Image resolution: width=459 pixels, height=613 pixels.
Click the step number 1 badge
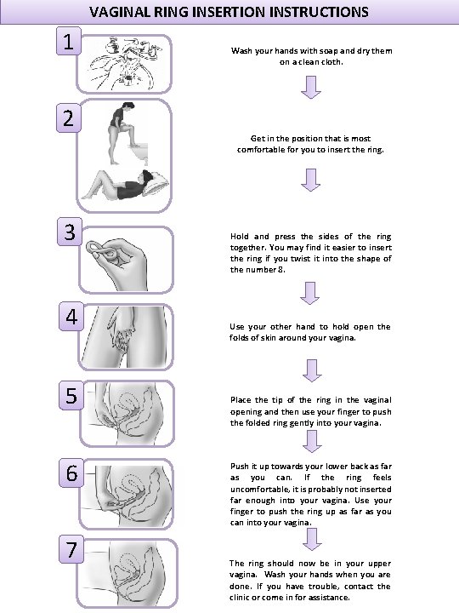(69, 41)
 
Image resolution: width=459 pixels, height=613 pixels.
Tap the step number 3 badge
(70, 232)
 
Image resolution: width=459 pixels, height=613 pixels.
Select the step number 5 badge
(71, 395)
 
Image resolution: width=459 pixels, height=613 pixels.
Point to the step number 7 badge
(71, 549)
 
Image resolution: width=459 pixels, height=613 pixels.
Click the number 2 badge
(69, 118)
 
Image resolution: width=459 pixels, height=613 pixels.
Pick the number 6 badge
(71, 473)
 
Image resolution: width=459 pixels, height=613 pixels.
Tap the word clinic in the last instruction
(239, 598)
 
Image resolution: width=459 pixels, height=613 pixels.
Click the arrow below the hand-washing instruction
(311, 87)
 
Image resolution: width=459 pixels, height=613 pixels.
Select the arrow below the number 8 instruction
(310, 293)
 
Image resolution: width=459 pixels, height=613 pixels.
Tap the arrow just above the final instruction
(312, 539)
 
